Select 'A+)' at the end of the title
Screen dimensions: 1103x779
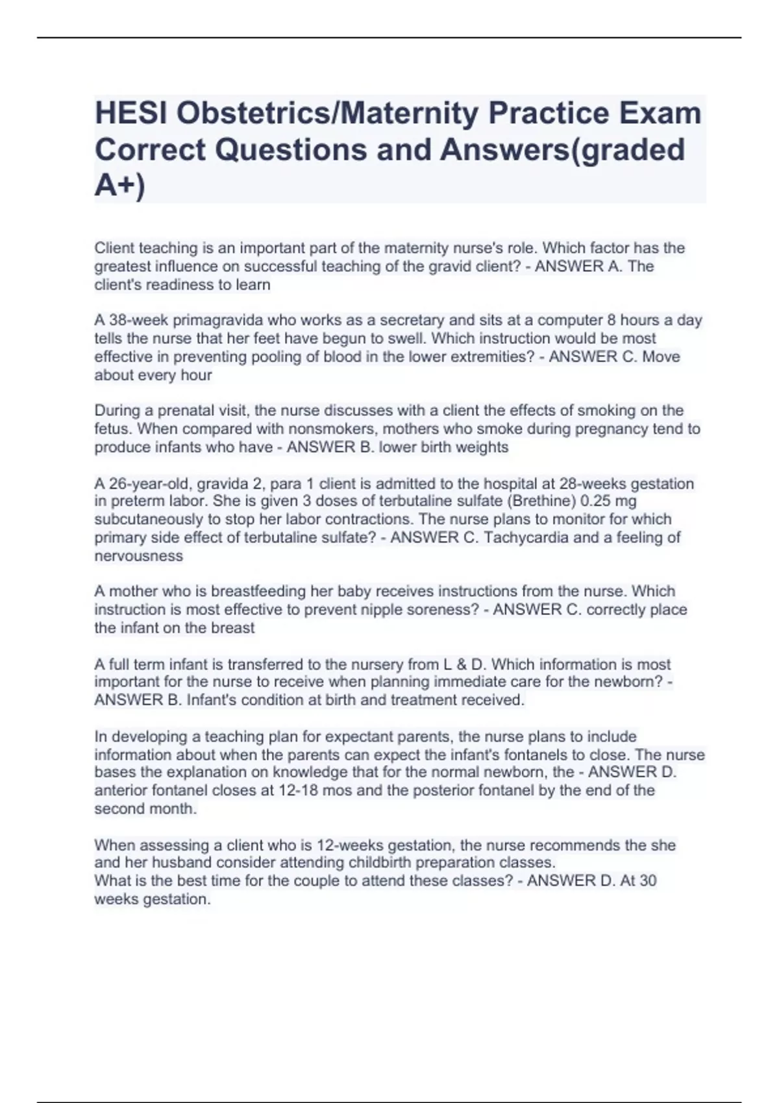[120, 186]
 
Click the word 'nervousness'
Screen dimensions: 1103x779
[139, 556]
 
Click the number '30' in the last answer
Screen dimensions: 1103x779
[648, 881]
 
